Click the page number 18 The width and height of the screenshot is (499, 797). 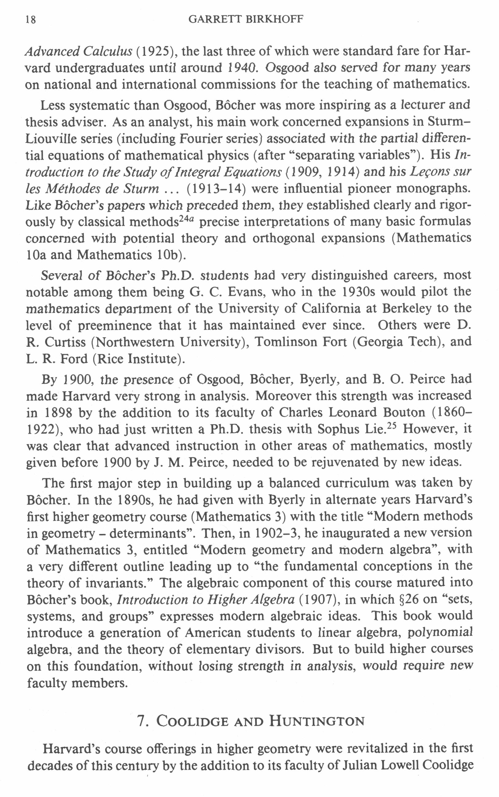pyautogui.click(x=30, y=20)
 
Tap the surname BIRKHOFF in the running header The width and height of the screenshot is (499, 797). pyautogui.click(x=274, y=19)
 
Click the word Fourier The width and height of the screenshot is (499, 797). pyautogui.click(x=196, y=139)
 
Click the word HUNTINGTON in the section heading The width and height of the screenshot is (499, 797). pyautogui.click(x=317, y=721)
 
